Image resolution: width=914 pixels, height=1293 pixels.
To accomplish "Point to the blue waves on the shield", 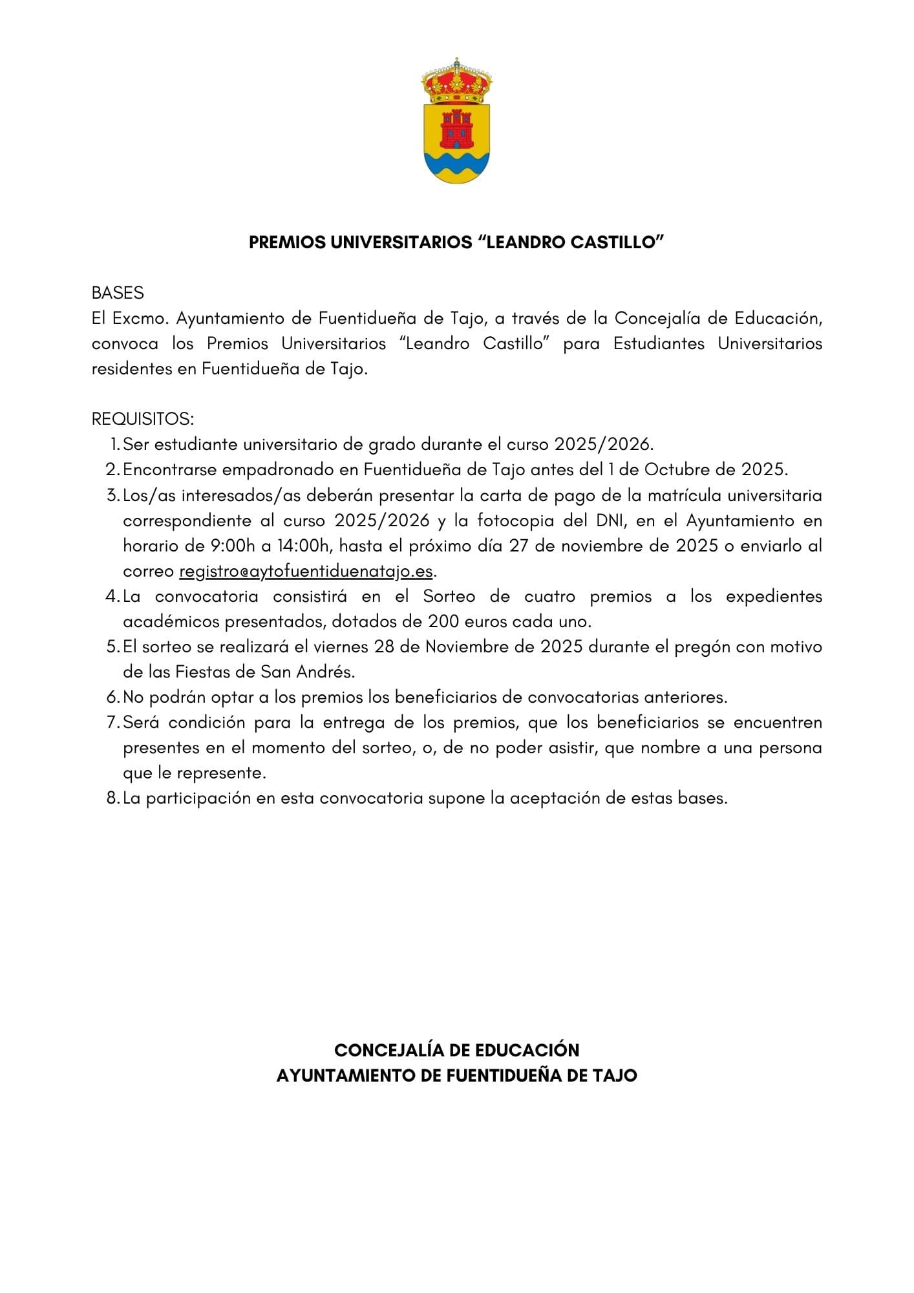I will pos(456,165).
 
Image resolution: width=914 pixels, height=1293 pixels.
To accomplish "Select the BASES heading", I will pos(118,293).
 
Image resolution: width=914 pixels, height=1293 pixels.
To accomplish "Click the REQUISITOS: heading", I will pos(142,419).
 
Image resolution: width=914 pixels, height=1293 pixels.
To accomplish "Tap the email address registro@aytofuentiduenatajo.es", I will pos(306,572).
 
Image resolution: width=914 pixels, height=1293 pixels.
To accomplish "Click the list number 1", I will pos(114,445).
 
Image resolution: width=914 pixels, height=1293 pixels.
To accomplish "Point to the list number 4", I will pos(112,596).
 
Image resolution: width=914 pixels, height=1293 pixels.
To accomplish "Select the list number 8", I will pos(112,798).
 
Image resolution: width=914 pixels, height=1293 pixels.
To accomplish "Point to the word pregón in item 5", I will pos(701,647).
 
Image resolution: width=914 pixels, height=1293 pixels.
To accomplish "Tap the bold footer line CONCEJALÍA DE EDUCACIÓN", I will pos(456,1050).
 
